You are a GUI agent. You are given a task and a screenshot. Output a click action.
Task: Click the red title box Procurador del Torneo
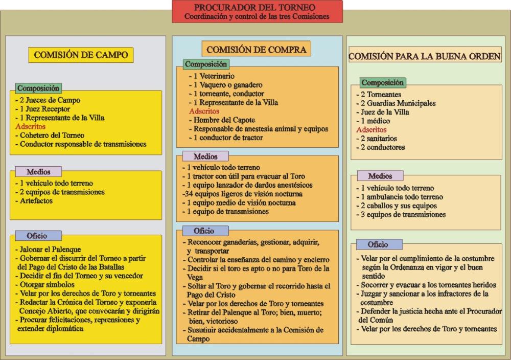pyautogui.click(x=257, y=12)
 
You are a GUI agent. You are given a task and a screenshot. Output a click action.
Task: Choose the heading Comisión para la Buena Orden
pyautogui.click(x=424, y=55)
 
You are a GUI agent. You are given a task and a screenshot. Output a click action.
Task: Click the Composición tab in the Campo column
pyautogui.click(x=38, y=88)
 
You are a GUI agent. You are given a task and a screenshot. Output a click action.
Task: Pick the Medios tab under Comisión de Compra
pyautogui.click(x=205, y=156)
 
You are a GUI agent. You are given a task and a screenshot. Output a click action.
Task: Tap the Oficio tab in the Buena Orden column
pyautogui.click(x=378, y=244)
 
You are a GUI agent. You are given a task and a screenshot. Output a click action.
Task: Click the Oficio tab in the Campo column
pyautogui.click(x=37, y=236)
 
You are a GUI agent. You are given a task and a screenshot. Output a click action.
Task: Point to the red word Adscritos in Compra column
pyautogui.click(x=204, y=111)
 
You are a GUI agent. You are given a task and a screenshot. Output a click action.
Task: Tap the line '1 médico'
pyautogui.click(x=373, y=121)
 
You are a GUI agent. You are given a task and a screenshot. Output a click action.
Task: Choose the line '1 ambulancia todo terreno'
pyautogui.click(x=400, y=197)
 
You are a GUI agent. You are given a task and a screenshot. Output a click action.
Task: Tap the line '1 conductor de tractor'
pyautogui.click(x=225, y=137)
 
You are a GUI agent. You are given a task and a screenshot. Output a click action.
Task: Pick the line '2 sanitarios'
pyautogui.click(x=379, y=139)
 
